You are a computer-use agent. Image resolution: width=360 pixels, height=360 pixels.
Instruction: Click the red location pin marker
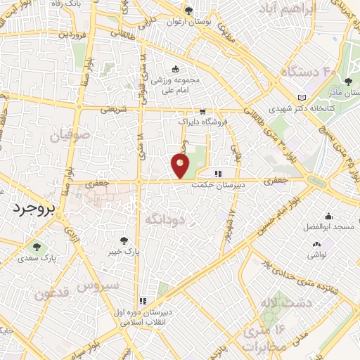(x=180, y=166)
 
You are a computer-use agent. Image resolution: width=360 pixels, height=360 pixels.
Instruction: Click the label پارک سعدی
(x=37, y=258)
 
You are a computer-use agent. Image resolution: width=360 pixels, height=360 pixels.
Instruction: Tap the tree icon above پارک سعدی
(x=37, y=246)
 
